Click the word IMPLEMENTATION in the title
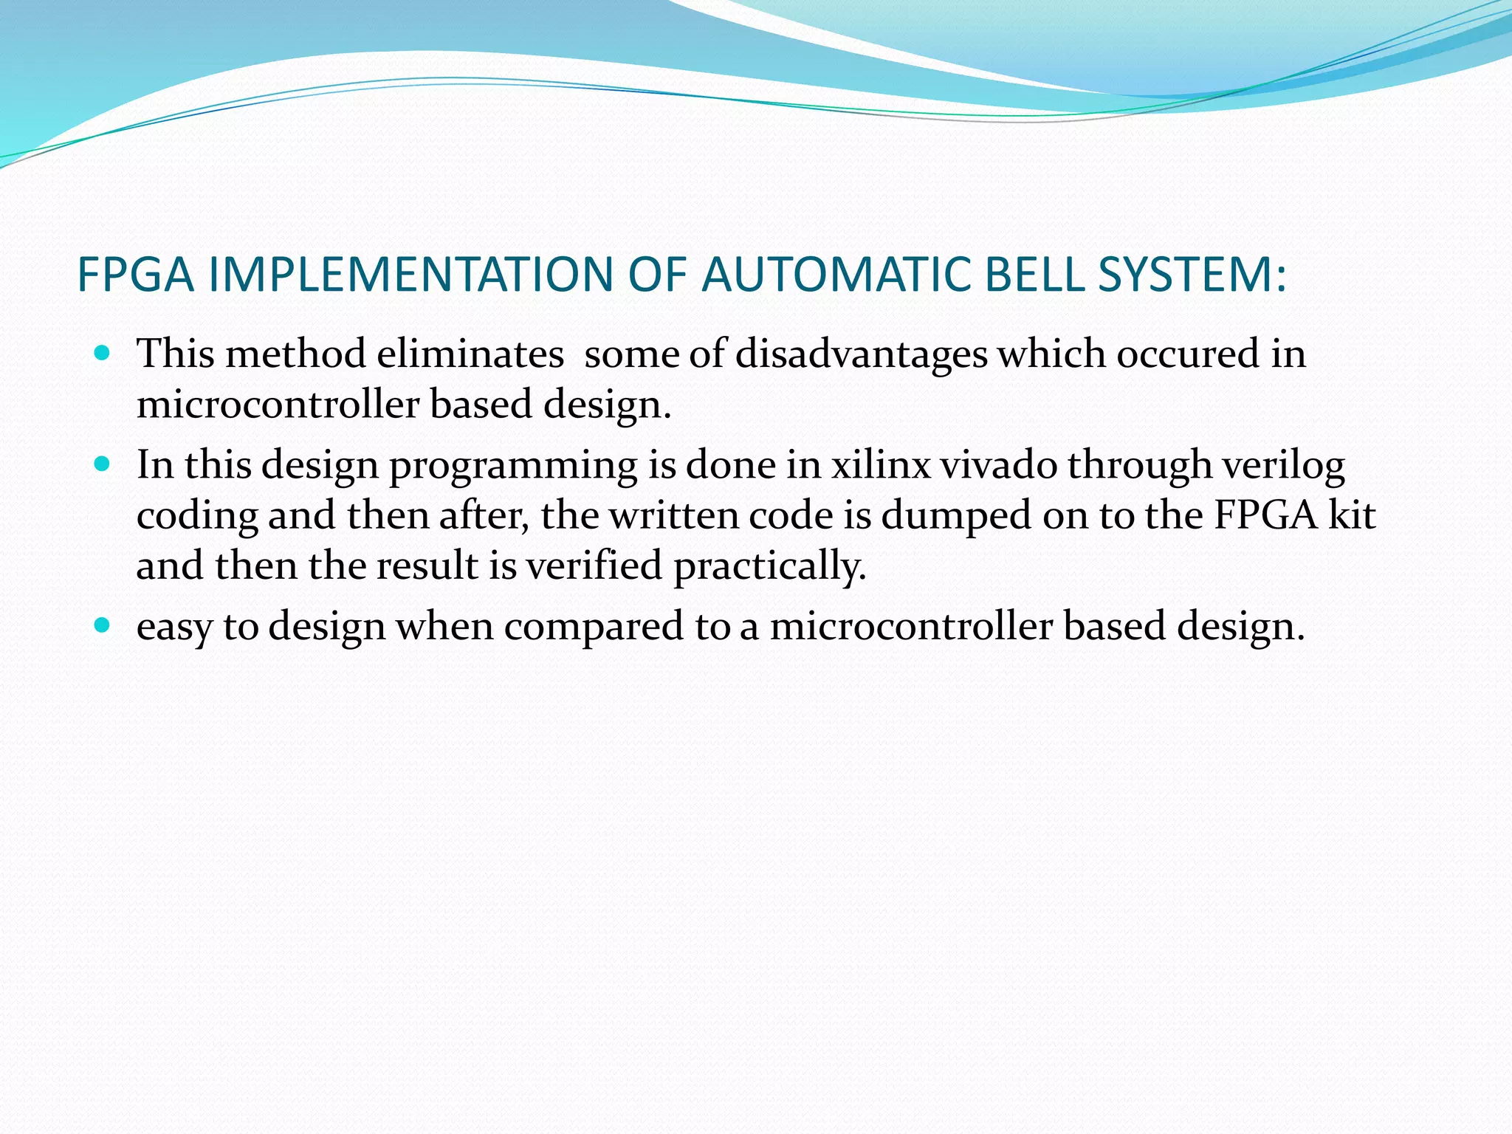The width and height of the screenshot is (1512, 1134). coord(410,275)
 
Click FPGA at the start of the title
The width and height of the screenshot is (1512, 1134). coord(135,275)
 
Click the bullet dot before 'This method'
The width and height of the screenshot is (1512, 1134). coord(103,352)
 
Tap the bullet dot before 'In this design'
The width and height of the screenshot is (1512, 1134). coord(103,464)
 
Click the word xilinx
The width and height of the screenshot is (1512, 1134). coord(881,465)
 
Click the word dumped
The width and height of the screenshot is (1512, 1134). coord(956,515)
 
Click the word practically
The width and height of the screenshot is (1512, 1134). coord(769,567)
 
